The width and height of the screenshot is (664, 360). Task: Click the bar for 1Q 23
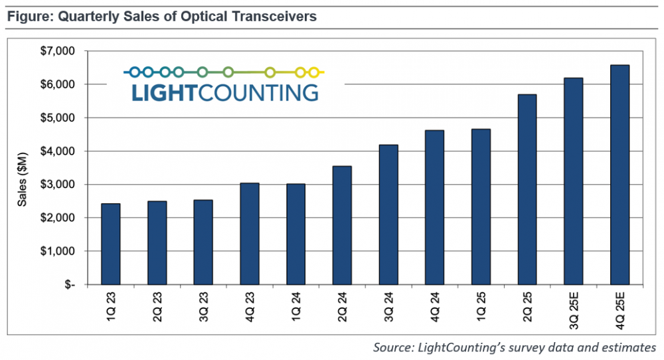coord(111,244)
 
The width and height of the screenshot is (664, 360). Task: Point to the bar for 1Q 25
coord(481,207)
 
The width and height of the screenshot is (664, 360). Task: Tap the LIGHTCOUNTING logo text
coord(224,92)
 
